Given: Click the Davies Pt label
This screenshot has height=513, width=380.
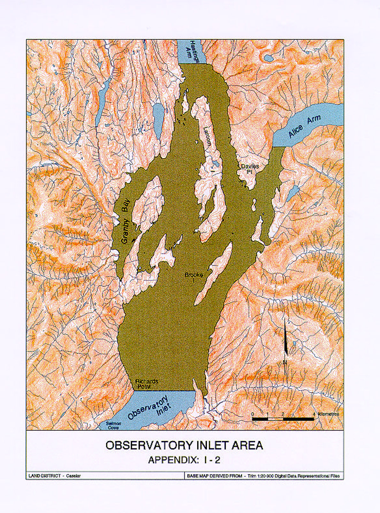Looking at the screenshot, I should pyautogui.click(x=250, y=168).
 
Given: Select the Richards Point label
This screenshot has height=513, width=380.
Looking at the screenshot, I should pyautogui.click(x=146, y=384).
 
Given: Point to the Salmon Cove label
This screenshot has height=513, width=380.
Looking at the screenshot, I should pyautogui.click(x=114, y=425).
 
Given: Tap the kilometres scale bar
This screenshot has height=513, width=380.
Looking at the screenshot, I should pyautogui.click(x=283, y=419).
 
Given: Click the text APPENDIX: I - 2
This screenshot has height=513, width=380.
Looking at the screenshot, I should pyautogui.click(x=184, y=460).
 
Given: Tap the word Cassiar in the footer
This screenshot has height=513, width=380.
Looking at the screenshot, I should pyautogui.click(x=73, y=476).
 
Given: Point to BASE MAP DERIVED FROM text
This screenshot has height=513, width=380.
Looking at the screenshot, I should pyautogui.click(x=214, y=476).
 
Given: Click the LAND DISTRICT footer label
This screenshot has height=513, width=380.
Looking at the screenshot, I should pyautogui.click(x=45, y=476).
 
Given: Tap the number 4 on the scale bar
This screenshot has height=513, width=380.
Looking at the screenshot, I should pyautogui.click(x=314, y=414).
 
